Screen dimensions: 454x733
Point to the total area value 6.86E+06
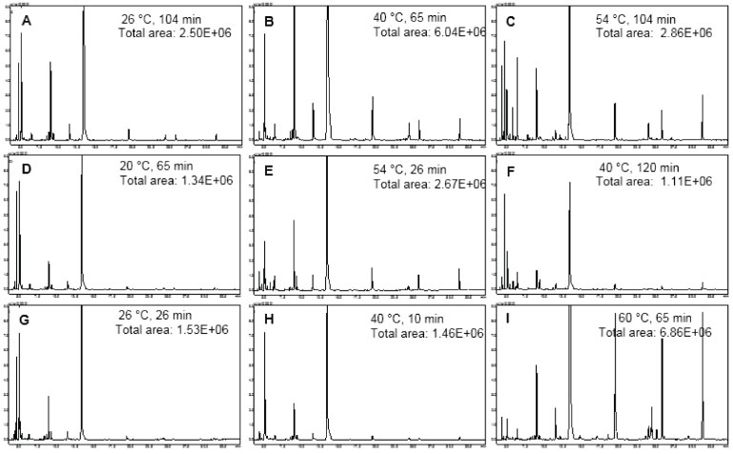click(683, 331)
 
